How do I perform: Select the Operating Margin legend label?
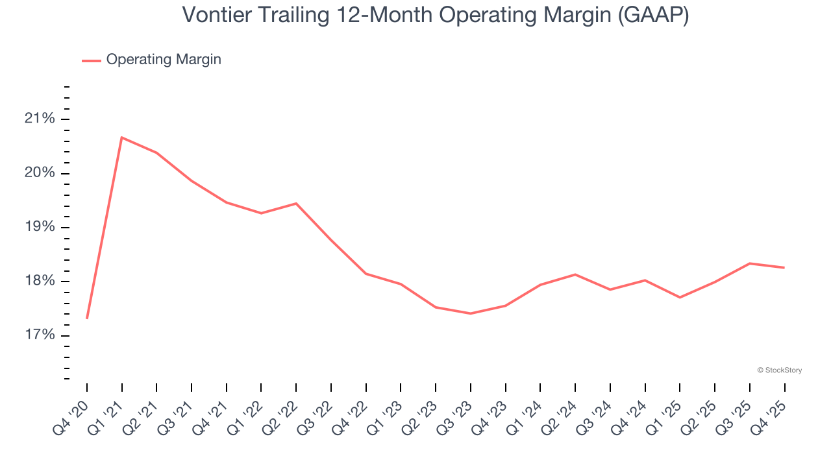pyautogui.click(x=164, y=60)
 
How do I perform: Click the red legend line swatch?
pyautogui.click(x=91, y=60)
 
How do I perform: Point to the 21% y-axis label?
pyautogui.click(x=40, y=119)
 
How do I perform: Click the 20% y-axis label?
pyautogui.click(x=40, y=173)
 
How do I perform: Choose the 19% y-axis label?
pyautogui.click(x=40, y=227)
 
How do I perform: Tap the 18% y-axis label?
pyautogui.click(x=40, y=281)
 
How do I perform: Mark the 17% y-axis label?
pyautogui.click(x=40, y=335)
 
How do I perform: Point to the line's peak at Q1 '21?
pyautogui.click(x=122, y=138)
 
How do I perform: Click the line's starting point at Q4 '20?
pyautogui.click(x=87, y=318)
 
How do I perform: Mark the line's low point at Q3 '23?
pyautogui.click(x=471, y=313)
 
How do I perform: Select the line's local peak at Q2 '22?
pyautogui.click(x=296, y=204)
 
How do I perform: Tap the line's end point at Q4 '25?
pyautogui.click(x=784, y=267)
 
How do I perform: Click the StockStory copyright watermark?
pyautogui.click(x=779, y=370)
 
